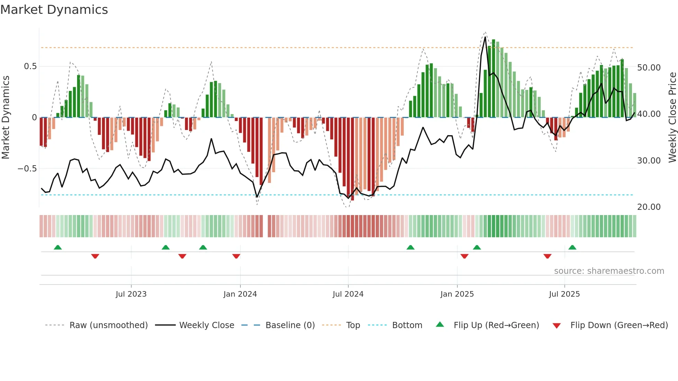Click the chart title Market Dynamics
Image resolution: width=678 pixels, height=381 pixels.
pyautogui.click(x=54, y=10)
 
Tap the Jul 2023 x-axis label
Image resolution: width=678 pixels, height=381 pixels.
pyautogui.click(x=131, y=294)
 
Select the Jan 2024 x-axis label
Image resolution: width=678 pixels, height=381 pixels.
pyautogui.click(x=240, y=294)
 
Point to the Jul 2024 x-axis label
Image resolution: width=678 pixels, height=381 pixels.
pyautogui.click(x=348, y=294)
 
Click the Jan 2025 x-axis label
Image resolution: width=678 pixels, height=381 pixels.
pyautogui.click(x=457, y=294)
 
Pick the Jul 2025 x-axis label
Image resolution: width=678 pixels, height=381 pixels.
pyautogui.click(x=564, y=294)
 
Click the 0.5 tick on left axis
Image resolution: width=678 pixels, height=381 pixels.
pyautogui.click(x=30, y=66)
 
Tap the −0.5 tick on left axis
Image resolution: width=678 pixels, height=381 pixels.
pyautogui.click(x=27, y=169)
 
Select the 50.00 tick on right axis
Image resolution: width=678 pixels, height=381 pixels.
pyautogui.click(x=649, y=68)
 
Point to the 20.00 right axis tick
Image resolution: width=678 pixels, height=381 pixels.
pyautogui.click(x=649, y=207)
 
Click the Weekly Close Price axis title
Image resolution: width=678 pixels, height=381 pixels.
pyautogui.click(x=672, y=118)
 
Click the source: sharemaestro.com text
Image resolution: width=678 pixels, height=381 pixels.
pyautogui.click(x=609, y=271)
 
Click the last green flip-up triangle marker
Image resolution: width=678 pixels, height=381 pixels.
pyautogui.click(x=572, y=248)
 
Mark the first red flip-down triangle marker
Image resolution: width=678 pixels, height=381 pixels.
pyautogui.click(x=95, y=256)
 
